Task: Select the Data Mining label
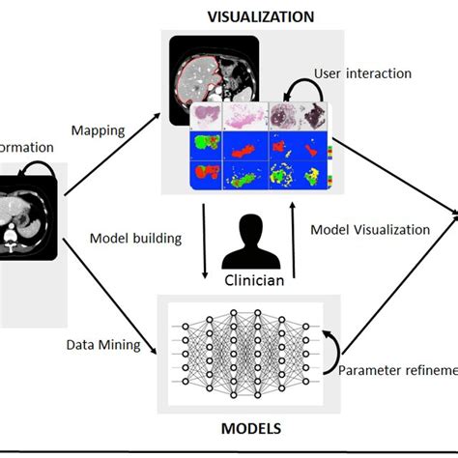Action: point(102,344)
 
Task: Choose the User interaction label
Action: point(362,73)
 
